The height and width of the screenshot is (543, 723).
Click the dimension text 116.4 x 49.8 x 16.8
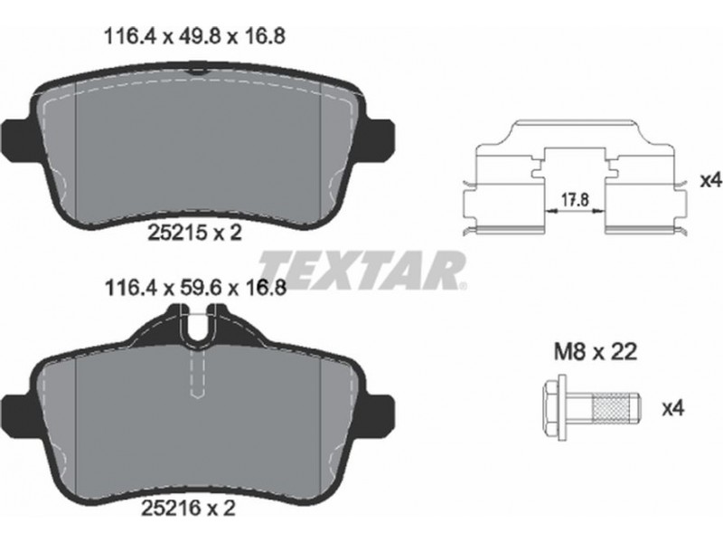click(x=195, y=36)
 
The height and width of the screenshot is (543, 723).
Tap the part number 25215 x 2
click(x=194, y=233)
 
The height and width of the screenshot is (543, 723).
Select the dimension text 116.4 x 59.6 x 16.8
click(x=196, y=288)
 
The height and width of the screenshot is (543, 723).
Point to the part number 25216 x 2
click(x=188, y=509)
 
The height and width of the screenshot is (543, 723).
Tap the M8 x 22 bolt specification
click(x=595, y=352)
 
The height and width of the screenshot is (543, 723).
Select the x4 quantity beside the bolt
click(x=673, y=408)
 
